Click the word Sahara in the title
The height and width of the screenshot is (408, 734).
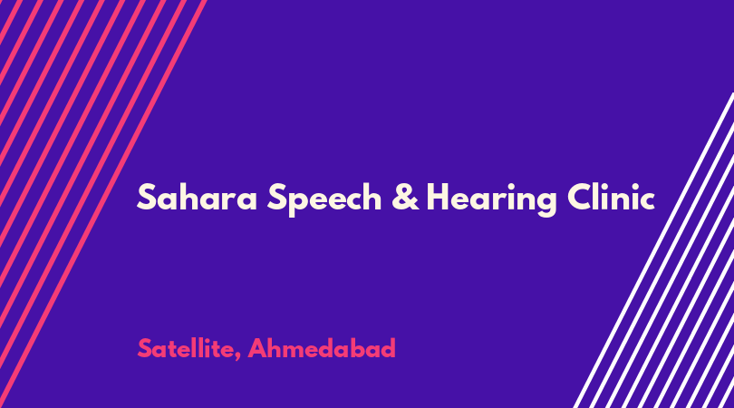click(x=197, y=197)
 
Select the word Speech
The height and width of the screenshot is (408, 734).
click(x=324, y=199)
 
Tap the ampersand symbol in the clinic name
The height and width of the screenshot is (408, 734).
click(x=405, y=197)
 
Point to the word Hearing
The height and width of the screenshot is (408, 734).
click(x=491, y=199)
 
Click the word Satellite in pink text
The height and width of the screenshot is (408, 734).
click(x=187, y=348)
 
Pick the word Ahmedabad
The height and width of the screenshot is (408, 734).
click(x=322, y=348)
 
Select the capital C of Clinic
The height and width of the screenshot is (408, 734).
click(x=580, y=197)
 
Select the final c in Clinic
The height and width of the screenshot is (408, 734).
click(x=645, y=200)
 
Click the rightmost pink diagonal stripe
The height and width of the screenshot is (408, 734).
click(x=103, y=204)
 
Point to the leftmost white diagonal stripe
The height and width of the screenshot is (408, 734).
click(x=653, y=250)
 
